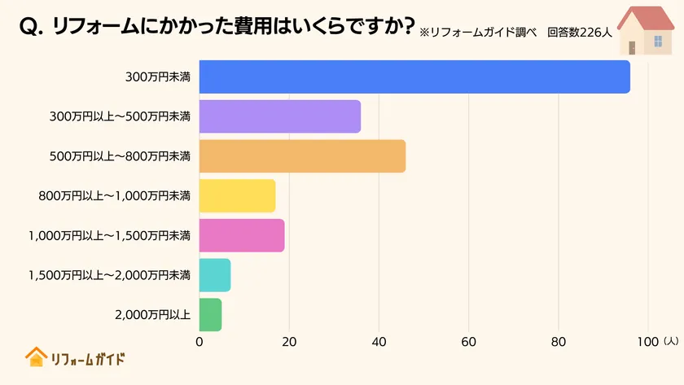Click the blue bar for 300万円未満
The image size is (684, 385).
click(414, 77)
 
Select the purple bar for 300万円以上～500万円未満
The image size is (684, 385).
click(280, 116)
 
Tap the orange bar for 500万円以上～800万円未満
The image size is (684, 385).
click(302, 156)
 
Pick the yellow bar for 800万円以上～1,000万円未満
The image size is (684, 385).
click(238, 195)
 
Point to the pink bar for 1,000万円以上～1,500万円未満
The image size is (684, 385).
click(242, 235)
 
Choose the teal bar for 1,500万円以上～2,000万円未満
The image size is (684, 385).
click(215, 275)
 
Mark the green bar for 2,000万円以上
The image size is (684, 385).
click(210, 315)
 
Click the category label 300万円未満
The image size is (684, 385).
click(158, 77)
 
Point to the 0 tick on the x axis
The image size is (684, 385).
click(199, 343)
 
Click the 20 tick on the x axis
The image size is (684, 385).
click(289, 343)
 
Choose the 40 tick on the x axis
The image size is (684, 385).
click(379, 343)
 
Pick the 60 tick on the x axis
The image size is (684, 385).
click(468, 343)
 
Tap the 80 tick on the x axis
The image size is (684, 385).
click(558, 343)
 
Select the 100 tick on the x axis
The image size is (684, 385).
click(647, 343)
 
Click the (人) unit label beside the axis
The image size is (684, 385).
click(670, 342)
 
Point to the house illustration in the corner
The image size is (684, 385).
click(645, 30)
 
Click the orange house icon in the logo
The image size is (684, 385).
click(35, 357)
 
